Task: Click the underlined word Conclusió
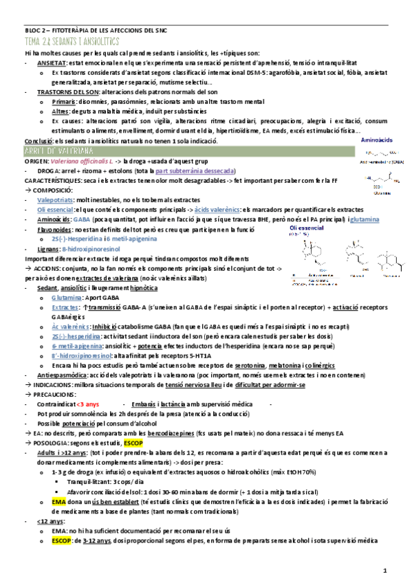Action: (x=38, y=140)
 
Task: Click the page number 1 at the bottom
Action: (x=385, y=570)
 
